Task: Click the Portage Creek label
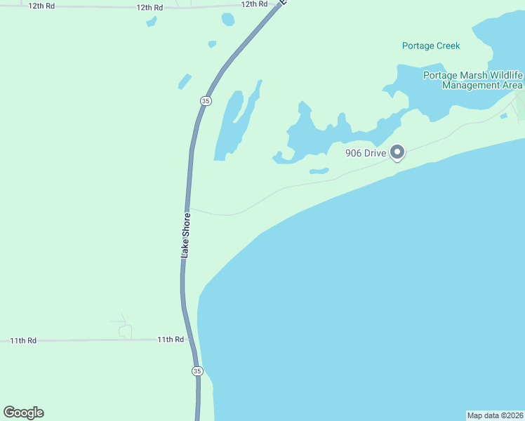coord(430,46)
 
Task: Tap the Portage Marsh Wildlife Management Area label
coord(472,80)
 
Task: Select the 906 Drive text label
coord(365,153)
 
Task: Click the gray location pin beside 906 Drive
coord(397,152)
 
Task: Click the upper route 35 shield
coord(205,101)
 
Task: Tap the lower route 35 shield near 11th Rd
coord(197,370)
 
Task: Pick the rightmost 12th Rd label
coord(254,4)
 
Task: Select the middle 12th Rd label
coord(149,7)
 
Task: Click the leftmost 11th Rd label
coord(23,340)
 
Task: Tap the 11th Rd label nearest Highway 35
coord(171,339)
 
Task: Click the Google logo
coord(24,413)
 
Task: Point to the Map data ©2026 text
coord(495,415)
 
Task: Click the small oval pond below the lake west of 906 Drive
coord(319,171)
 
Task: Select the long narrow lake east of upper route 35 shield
coord(230,126)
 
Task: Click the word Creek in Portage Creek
coord(446,46)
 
